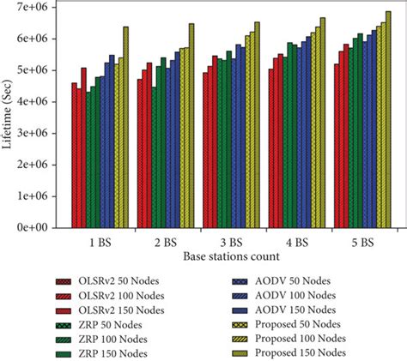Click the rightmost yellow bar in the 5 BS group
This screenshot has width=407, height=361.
click(x=387, y=119)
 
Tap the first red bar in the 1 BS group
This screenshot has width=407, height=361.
click(x=75, y=155)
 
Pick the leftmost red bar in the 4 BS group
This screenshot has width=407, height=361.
click(x=271, y=148)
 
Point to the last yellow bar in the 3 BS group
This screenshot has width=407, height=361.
click(x=257, y=125)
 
